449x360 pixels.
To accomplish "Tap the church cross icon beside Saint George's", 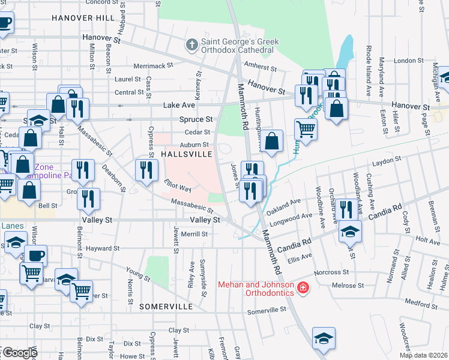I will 191,44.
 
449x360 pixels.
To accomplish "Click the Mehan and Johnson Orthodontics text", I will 256,289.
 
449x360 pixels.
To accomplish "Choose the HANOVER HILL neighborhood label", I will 83,18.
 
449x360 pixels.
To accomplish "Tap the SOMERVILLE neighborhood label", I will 166,307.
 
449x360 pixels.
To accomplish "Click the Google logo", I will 19,353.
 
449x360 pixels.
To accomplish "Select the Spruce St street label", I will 196,119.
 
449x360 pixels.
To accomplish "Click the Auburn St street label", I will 196,145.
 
